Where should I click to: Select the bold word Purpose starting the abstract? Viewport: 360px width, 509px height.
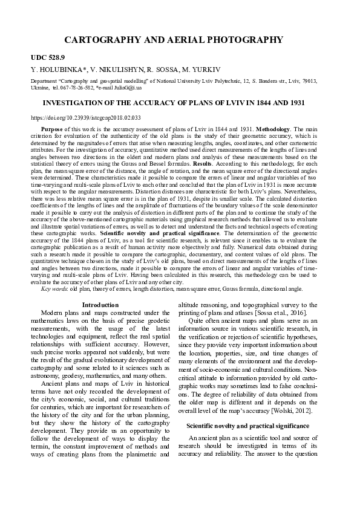pyautogui.click(x=52, y=129)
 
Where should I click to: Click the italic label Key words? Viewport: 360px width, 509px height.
pyautogui.click(x=53, y=289)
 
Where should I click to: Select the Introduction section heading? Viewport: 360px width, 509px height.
pyautogui.click(x=100, y=305)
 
